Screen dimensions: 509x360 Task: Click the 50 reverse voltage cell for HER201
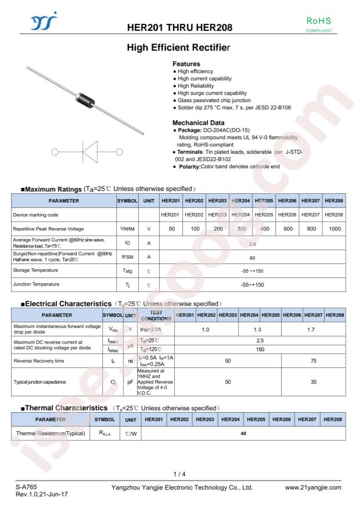pyautogui.click(x=171, y=229)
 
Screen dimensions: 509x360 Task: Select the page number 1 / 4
pyautogui.click(x=180, y=474)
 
